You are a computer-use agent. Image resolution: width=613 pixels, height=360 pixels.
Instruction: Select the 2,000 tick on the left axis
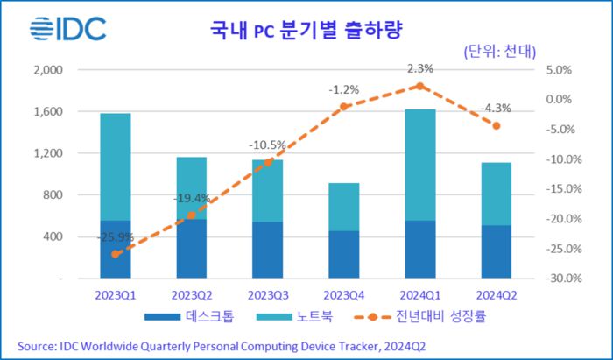pos(48,70)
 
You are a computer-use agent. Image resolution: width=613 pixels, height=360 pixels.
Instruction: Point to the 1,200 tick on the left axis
pos(48,153)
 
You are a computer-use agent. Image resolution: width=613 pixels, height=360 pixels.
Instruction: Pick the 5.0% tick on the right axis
pos(559,70)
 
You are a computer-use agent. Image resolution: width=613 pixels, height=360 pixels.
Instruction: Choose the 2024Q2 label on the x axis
pos(496,294)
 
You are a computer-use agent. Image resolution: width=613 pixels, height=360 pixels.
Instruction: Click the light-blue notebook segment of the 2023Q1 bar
pos(115,166)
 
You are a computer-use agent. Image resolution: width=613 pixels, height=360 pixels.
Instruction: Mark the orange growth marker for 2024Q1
pos(419,86)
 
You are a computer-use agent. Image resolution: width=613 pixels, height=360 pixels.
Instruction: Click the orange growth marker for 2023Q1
pos(115,254)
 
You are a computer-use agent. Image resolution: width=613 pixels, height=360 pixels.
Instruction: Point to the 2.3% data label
pos(419,67)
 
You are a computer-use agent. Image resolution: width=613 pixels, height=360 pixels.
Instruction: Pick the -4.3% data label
pos(496,108)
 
